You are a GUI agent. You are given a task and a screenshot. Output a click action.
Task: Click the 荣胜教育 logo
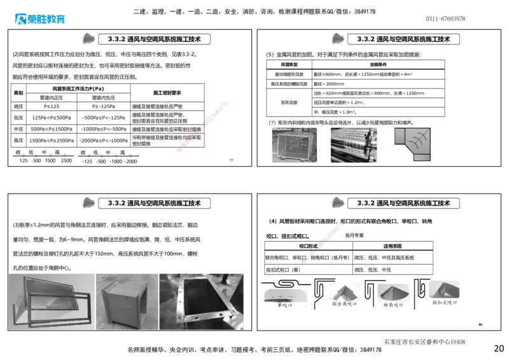tap(39, 19)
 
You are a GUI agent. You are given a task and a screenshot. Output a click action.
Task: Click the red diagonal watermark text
tap(202, 126)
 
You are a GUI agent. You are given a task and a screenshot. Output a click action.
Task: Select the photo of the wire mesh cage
tap(293, 144)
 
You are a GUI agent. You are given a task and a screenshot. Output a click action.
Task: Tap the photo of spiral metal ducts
tap(353, 144)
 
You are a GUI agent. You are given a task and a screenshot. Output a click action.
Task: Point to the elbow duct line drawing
tap(412, 144)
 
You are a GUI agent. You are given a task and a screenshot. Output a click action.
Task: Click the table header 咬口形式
tap(308, 246)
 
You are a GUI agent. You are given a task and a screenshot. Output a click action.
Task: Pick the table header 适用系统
tap(393, 246)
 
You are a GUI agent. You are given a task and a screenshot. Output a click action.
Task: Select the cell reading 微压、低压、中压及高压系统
tap(384, 258)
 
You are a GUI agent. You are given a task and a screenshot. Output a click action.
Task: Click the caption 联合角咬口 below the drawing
tap(344, 304)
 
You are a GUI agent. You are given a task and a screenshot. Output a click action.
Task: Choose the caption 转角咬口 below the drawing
tap(394, 304)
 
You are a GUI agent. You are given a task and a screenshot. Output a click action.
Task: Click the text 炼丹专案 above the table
tap(354, 235)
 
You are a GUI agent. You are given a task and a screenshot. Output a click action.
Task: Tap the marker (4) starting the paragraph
tap(272, 221)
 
